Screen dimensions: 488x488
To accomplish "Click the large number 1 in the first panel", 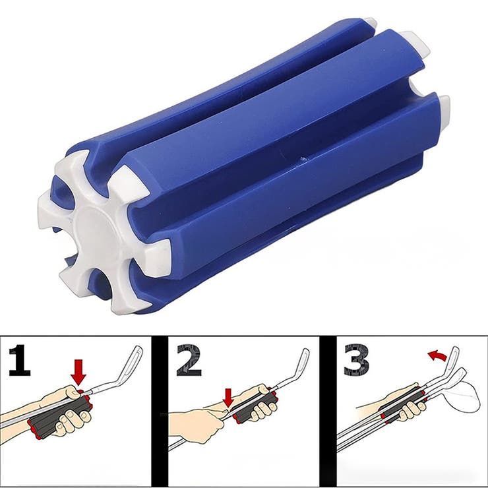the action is [x=20, y=360].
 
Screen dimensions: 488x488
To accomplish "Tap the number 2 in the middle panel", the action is [x=189, y=360].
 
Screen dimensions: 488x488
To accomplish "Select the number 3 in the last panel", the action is [x=357, y=360].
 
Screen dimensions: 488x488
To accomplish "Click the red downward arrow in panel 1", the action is [x=78, y=372].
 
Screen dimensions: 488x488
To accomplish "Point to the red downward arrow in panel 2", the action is [x=229, y=398].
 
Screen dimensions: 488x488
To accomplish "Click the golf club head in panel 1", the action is [x=133, y=363].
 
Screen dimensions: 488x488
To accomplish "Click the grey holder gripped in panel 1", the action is [x=59, y=416].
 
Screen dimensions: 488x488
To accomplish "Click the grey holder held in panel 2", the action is [x=255, y=406].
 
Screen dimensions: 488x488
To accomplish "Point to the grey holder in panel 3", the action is [x=402, y=407].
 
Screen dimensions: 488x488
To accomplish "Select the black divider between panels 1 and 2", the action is [x=160, y=412].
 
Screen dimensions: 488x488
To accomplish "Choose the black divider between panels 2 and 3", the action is [x=328, y=412].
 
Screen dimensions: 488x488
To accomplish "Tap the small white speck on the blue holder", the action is [x=301, y=159].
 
